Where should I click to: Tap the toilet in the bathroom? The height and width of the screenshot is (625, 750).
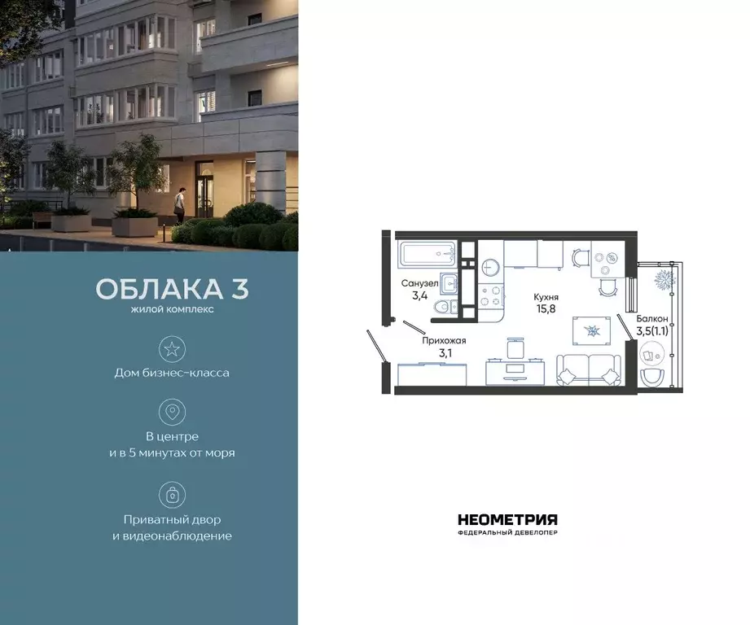click(x=441, y=306)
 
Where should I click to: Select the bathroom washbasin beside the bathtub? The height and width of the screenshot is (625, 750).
click(x=448, y=282)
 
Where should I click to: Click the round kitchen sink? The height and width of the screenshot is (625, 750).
click(x=490, y=267)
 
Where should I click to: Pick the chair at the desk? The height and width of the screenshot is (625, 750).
click(x=513, y=348)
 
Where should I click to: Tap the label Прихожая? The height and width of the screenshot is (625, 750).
click(x=444, y=341)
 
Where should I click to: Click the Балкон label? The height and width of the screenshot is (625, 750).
click(x=652, y=319)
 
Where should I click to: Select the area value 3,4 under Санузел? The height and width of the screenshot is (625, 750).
click(x=419, y=295)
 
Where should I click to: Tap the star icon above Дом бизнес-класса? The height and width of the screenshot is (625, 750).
click(x=172, y=349)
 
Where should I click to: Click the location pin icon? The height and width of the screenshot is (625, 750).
click(x=172, y=412)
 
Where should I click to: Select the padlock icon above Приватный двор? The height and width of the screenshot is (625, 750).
click(x=172, y=495)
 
